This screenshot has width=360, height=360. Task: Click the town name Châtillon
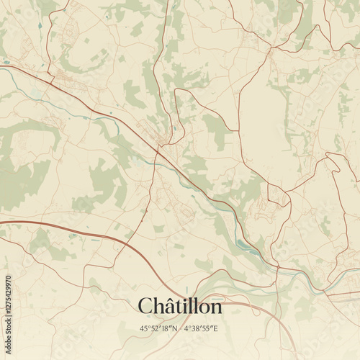point(180,306)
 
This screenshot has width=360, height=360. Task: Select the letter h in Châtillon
point(159,306)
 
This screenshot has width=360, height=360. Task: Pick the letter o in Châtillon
point(203,309)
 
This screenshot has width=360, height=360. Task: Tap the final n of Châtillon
point(216,309)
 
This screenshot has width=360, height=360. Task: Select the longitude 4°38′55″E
point(201,328)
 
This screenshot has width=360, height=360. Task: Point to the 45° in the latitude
point(145,328)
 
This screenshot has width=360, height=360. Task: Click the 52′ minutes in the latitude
point(156,328)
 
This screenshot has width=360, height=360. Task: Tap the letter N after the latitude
point(174,328)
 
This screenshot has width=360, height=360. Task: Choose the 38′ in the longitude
point(197,328)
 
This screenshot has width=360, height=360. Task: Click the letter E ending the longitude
point(215,328)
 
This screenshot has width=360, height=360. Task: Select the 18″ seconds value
point(166,328)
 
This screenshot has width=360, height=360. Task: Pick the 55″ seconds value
point(207,328)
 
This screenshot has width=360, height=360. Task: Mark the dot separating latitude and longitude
point(180,328)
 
